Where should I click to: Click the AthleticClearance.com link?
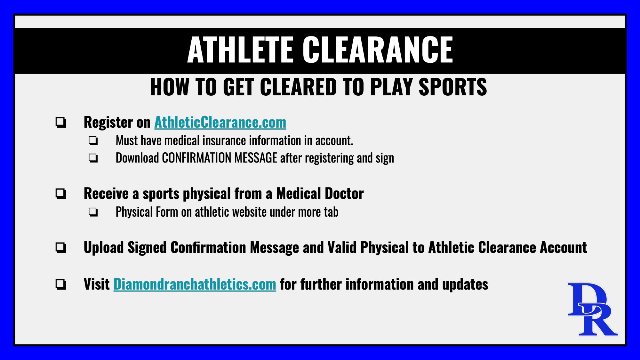point(220,122)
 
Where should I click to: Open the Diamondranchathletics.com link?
point(195,284)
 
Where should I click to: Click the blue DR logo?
point(592,309)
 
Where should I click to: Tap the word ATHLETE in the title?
point(240,50)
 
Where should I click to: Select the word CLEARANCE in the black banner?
point(378,50)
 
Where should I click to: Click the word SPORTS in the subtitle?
point(453,87)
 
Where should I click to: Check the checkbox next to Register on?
point(61,122)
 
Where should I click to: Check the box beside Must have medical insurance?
point(93,140)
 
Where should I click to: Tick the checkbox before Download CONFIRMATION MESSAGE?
point(93,158)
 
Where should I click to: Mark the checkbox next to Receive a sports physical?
point(61,194)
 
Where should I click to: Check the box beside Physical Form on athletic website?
point(93,212)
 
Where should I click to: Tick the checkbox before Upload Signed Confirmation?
point(61,248)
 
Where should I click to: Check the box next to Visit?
point(61,284)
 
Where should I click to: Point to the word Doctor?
point(344,194)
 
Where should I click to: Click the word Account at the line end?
point(564,248)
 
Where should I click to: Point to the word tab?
point(331,212)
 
